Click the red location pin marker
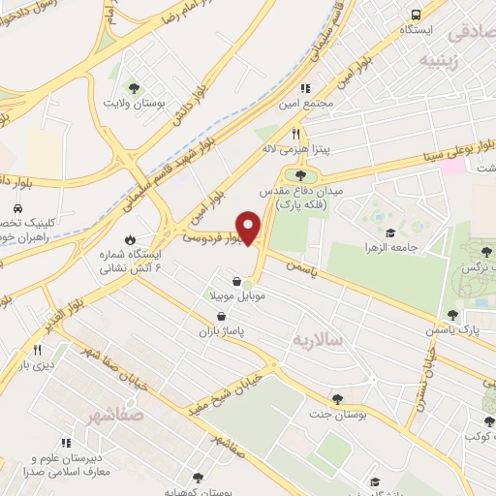click(250, 229)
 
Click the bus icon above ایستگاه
click(415, 15)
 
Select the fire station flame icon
click(131, 239)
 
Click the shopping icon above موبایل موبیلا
click(235, 281)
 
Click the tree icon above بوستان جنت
click(337, 398)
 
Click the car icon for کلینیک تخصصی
click(17, 209)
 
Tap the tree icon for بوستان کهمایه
click(198, 478)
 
